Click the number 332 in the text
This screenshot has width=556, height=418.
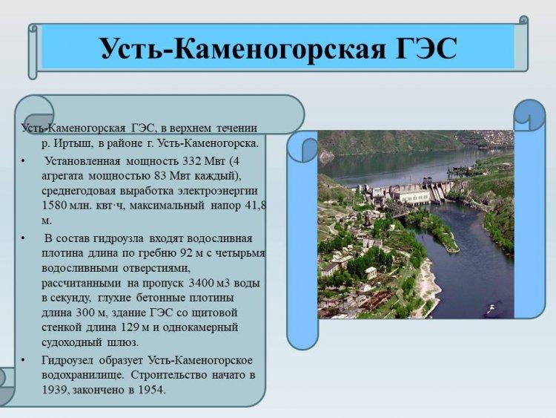pyautogui.click(x=192, y=161)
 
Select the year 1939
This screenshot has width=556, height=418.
pyautogui.click(x=54, y=390)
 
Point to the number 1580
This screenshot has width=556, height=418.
pyautogui.click(x=55, y=205)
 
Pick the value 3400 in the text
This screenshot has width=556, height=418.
pyautogui.click(x=201, y=283)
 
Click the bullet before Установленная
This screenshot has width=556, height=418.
pyautogui.click(x=23, y=161)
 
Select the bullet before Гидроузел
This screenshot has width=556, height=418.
pyautogui.click(x=23, y=361)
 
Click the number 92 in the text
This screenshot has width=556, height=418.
pyautogui.click(x=188, y=253)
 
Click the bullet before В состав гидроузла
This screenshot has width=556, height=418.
pyautogui.click(x=23, y=238)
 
